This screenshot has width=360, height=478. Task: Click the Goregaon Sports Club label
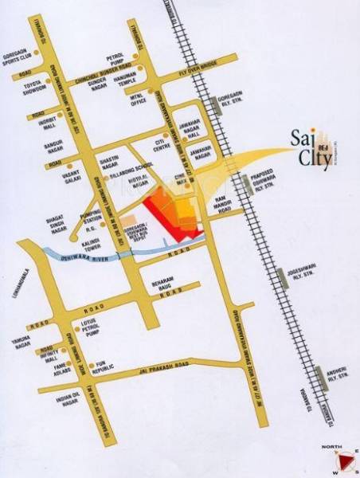[18, 53]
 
